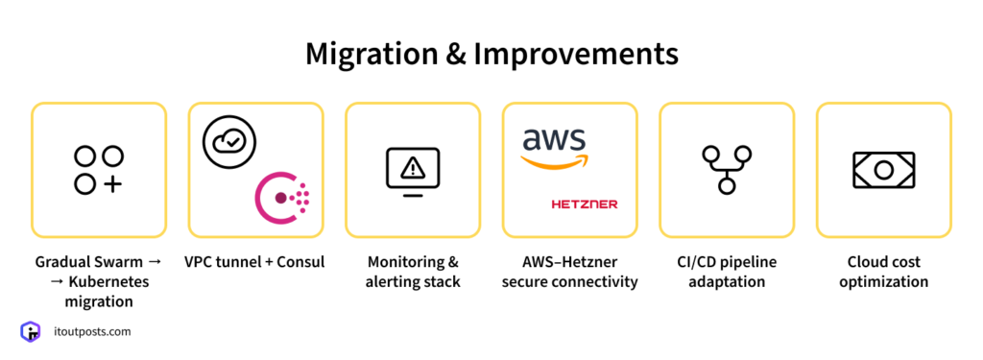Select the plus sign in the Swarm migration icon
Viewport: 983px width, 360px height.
112,183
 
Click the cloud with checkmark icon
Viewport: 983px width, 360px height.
230,142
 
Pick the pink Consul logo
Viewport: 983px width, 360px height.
282,198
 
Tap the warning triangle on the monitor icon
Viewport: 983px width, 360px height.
413,168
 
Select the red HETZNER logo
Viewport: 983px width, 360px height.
585,204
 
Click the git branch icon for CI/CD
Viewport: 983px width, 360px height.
727,170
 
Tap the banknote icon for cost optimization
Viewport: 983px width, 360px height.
883,170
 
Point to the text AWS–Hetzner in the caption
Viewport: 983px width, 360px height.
570,261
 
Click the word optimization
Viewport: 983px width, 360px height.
883,282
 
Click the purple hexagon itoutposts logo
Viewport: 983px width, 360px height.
30,332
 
